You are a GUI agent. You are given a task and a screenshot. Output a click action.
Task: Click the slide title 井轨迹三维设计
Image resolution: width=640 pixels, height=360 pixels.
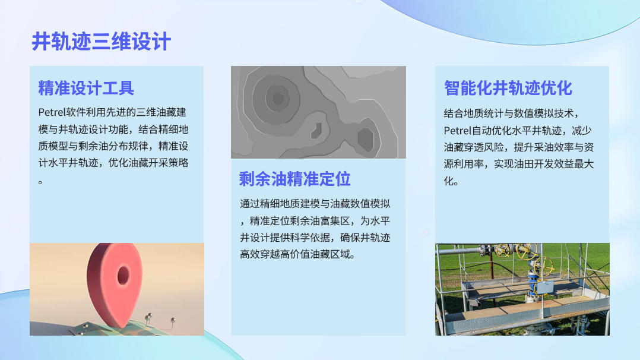(101, 42)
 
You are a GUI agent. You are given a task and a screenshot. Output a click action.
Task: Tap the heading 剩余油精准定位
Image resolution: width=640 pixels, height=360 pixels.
(294, 179)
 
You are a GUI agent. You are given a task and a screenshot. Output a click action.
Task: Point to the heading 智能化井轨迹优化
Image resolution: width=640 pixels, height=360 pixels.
(508, 89)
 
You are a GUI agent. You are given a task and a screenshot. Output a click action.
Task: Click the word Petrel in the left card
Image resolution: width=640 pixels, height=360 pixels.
(52, 112)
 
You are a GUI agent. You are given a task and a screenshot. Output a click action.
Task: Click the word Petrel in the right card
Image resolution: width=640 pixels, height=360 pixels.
(458, 130)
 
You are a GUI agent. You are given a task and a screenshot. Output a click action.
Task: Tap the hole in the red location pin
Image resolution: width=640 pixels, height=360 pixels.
(123, 276)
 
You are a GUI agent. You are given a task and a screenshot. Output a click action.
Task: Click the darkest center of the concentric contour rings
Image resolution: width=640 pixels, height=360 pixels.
(278, 99)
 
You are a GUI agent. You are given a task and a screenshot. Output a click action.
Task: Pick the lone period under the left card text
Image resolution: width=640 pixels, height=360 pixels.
(40, 182)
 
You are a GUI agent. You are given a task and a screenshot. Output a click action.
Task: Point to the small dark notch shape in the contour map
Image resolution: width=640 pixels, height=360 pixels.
(316, 130)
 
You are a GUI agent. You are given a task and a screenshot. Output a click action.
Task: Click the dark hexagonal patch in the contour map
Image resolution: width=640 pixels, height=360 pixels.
(366, 139)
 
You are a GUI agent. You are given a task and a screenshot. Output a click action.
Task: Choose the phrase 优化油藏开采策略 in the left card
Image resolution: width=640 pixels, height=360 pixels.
(148, 163)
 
